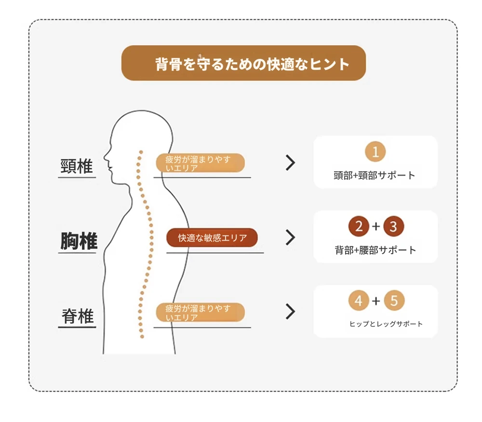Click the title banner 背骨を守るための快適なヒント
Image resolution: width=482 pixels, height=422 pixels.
point(243,63)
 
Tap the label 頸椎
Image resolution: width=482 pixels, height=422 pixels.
point(77,166)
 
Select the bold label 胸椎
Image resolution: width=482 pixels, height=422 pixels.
point(79,241)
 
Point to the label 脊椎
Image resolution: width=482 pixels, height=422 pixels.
point(78,316)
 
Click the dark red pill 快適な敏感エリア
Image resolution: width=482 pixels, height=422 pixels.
point(212,237)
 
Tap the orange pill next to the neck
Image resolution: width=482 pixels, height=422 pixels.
point(201,163)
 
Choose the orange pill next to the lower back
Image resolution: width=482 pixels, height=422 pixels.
point(201,313)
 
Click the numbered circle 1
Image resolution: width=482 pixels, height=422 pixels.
point(375,151)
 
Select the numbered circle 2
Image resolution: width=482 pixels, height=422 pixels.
point(359,226)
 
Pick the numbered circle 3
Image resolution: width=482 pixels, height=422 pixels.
point(393,226)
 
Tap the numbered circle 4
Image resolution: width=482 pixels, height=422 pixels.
point(359,300)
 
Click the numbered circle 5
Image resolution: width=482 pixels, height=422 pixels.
point(394,300)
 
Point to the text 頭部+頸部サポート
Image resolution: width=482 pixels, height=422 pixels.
point(375,176)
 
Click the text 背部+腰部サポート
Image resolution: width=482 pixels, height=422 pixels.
point(375,250)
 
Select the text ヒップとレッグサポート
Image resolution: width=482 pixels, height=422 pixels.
point(386,324)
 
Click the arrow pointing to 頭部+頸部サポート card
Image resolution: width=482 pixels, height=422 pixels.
point(291,163)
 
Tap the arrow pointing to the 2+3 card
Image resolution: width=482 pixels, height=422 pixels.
point(291,237)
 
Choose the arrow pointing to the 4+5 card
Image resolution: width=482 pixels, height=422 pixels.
point(291,312)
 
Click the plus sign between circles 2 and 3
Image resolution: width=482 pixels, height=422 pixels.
point(376,226)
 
